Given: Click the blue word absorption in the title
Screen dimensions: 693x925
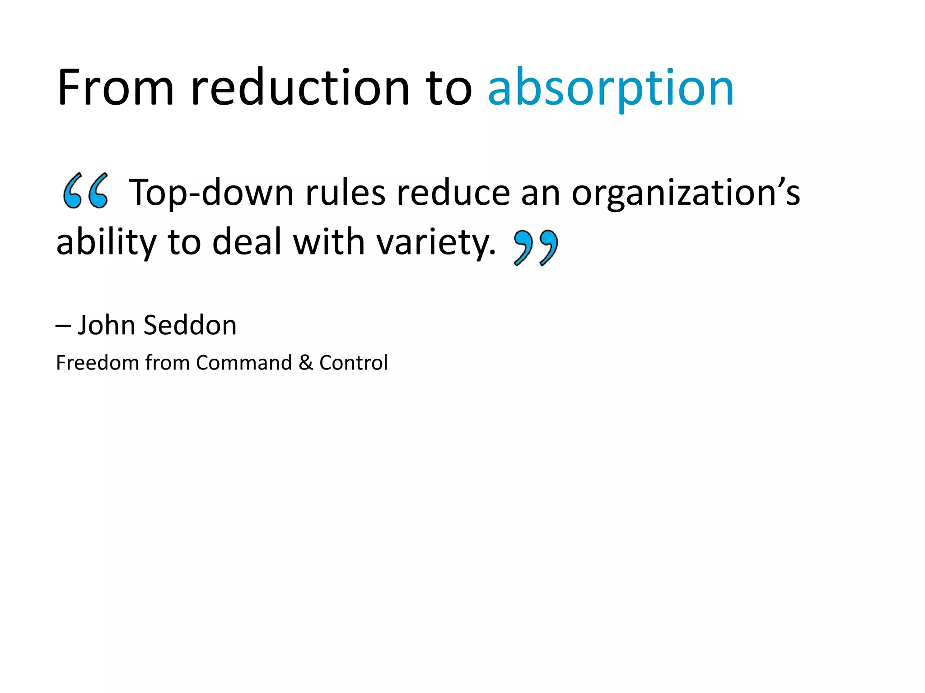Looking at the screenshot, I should pos(611,88).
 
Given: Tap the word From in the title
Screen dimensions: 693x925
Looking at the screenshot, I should pos(116,88).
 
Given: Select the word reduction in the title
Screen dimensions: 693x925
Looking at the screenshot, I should pos(299,88).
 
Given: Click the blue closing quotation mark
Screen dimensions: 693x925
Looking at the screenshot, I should pos(536,247).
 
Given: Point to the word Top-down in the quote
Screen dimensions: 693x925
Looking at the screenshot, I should pos(211,193).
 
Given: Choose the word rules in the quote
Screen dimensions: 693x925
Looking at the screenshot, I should pos(346,193).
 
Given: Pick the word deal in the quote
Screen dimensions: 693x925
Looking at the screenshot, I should pos(247,242).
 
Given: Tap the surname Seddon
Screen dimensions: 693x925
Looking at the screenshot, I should pos(190,325).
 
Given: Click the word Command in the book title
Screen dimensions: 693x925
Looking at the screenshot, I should pos(244,363).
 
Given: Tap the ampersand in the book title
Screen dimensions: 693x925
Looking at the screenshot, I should pos(306,363).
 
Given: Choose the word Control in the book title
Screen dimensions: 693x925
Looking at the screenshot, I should pos(353,363).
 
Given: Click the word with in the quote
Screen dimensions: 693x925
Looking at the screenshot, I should pos(329,242).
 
